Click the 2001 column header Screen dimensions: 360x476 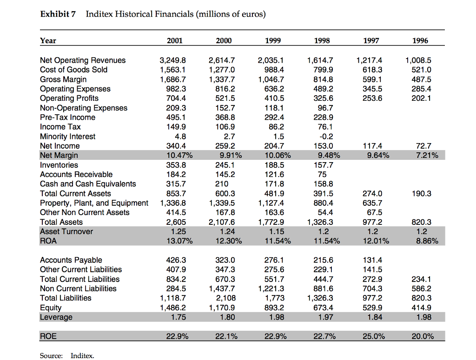tap(174, 40)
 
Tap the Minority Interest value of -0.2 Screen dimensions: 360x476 tap(328, 137)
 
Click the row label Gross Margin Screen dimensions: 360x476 tap(63, 79)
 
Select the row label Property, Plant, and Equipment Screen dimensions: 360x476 tap(94, 203)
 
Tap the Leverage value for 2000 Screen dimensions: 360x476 tap(228, 317)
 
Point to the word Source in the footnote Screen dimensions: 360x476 tap(51, 356)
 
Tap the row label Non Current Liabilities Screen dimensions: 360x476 tap(79, 288)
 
